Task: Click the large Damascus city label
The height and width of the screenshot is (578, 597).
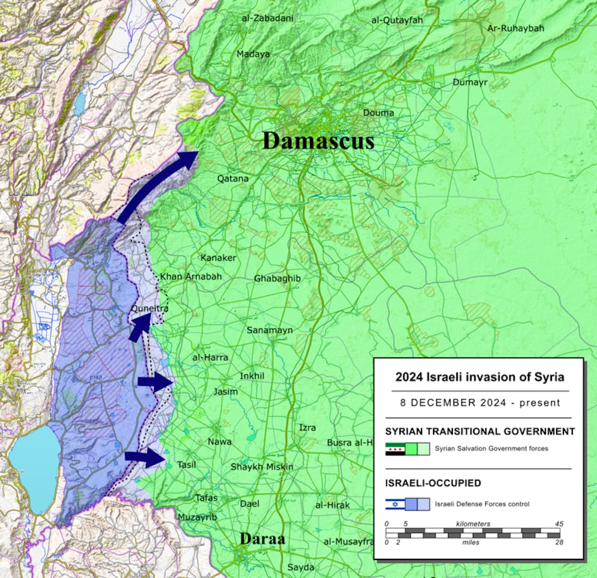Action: click(318, 141)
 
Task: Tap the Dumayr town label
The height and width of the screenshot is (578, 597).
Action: click(470, 82)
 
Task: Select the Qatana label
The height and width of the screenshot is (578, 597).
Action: click(232, 178)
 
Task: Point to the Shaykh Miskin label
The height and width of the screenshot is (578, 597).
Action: click(262, 467)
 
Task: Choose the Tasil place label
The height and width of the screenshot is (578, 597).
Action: click(186, 464)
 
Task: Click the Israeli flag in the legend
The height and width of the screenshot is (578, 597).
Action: click(395, 503)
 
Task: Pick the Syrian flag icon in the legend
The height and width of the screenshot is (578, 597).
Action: click(395, 448)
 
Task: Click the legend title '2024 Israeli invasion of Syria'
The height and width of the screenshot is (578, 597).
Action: click(479, 377)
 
